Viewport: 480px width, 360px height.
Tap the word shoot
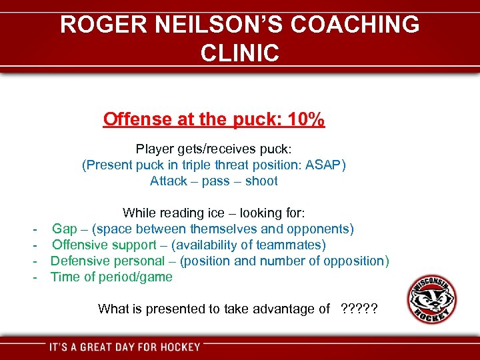click(261, 181)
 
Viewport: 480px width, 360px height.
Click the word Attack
click(169, 181)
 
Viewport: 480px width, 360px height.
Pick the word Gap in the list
click(65, 229)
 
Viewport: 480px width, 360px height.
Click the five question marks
click(359, 309)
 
